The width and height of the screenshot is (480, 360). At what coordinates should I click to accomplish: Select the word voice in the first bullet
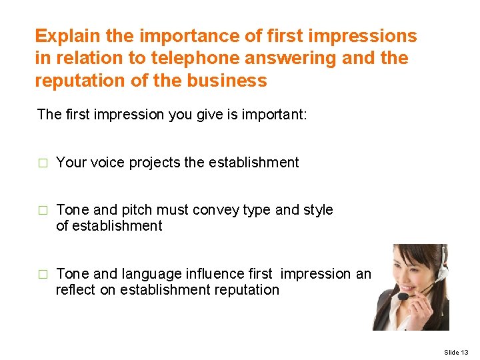(105, 162)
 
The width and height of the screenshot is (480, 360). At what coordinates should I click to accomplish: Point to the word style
(318, 210)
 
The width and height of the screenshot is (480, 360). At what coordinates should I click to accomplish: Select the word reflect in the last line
(76, 290)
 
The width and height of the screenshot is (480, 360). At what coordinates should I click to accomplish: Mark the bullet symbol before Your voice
(43, 163)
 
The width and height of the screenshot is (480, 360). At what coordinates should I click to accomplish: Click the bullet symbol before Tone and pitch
(43, 211)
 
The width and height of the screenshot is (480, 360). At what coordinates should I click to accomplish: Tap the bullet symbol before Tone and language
(43, 275)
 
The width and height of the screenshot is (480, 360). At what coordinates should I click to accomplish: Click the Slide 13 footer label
(456, 351)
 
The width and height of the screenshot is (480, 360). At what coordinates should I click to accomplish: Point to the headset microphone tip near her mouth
(403, 295)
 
